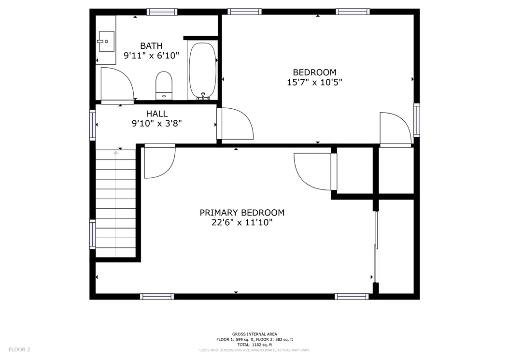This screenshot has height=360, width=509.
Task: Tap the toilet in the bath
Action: click(164, 85)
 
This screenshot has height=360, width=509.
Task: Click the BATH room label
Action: click(151, 46)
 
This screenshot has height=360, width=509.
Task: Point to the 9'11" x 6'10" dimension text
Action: click(151, 56)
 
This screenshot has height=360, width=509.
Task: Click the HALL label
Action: click(157, 114)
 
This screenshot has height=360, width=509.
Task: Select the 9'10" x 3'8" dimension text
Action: click(157, 124)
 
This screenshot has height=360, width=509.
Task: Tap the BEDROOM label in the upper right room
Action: click(314, 72)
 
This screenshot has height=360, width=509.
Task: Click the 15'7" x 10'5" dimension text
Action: click(314, 82)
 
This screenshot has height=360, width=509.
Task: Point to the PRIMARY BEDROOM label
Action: click(242, 213)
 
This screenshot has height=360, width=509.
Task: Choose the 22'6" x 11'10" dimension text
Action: click(242, 222)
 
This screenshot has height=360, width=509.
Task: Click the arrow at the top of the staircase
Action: click(115, 153)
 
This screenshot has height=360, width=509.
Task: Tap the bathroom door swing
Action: click(117, 85)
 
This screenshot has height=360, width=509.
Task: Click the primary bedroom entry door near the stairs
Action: click(159, 160)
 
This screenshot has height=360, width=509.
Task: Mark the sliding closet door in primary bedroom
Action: click(376, 246)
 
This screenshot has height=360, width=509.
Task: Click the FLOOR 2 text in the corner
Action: click(19, 349)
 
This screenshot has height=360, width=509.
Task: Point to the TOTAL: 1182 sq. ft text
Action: click(254, 345)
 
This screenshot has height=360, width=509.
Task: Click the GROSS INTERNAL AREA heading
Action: click(254, 334)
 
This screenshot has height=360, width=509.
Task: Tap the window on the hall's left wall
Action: click(92, 125)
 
